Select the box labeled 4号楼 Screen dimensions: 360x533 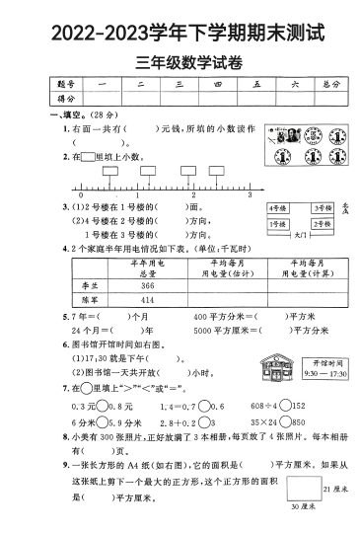point(281,209)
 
